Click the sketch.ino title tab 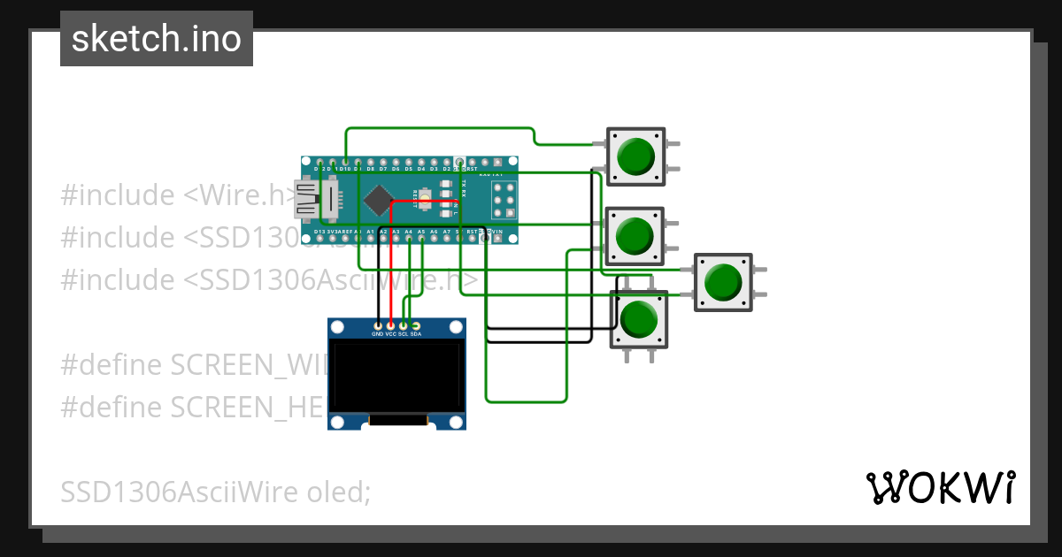[157, 39]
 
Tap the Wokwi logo [940, 487]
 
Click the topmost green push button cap [635, 156]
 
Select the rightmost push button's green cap [723, 282]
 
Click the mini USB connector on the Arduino [307, 199]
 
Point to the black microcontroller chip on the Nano [379, 200]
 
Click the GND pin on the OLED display [378, 326]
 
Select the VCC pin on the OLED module [390, 326]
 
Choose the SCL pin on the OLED [404, 326]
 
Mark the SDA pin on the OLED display [416, 326]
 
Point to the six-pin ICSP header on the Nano [504, 201]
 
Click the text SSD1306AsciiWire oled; [215, 492]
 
